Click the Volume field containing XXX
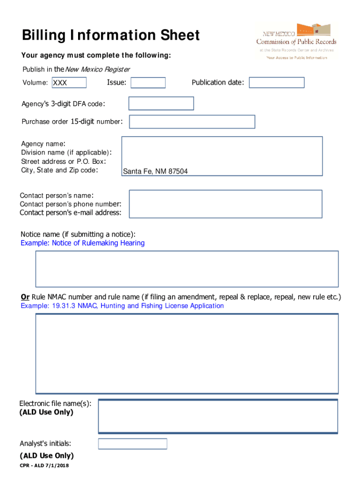[68, 83]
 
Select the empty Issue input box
[148, 83]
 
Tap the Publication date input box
[276, 83]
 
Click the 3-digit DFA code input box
[161, 103]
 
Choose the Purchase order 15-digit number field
[192, 122]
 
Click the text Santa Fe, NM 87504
[155, 172]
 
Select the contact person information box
[225, 203]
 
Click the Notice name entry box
[187, 269]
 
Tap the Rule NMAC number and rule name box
[187, 353]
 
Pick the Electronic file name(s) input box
[217, 416]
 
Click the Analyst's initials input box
[132, 443]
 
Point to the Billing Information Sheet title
[111, 35]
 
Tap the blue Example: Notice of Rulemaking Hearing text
[83, 243]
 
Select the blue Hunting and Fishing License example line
[122, 306]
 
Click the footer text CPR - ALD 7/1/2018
[44, 466]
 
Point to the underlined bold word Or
[25, 297]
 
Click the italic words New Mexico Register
[97, 70]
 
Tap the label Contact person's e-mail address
[71, 213]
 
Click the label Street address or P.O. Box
[63, 161]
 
